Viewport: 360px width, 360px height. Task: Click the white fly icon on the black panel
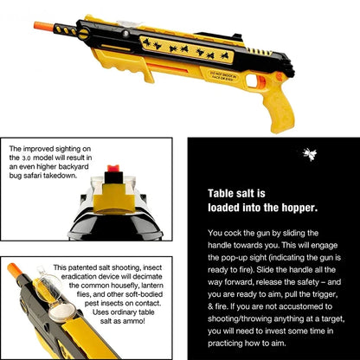pos(284,153)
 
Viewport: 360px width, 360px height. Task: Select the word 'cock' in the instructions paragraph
pos(235,234)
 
